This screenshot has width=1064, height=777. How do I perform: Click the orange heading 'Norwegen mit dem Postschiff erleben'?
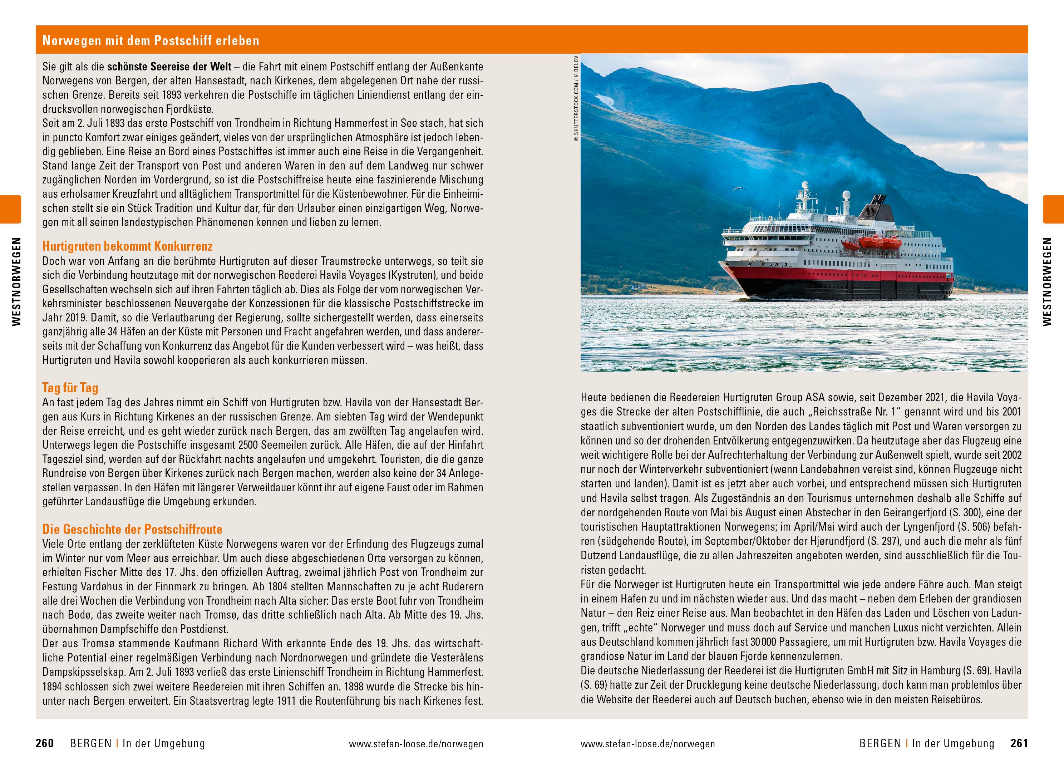(x=151, y=40)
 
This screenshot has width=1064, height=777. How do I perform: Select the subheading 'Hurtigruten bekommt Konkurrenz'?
(x=127, y=246)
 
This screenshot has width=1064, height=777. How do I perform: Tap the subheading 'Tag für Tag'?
(x=70, y=388)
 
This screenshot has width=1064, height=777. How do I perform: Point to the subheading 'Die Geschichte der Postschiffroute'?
(x=132, y=529)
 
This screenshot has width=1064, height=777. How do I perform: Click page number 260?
(x=45, y=744)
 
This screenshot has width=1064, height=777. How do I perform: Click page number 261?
(x=1019, y=744)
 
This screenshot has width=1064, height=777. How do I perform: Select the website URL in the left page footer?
(x=416, y=744)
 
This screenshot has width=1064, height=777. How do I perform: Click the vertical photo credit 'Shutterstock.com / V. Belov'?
(x=576, y=99)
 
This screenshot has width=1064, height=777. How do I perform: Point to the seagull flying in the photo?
(x=739, y=189)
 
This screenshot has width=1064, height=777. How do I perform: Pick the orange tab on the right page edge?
(x=1053, y=209)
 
